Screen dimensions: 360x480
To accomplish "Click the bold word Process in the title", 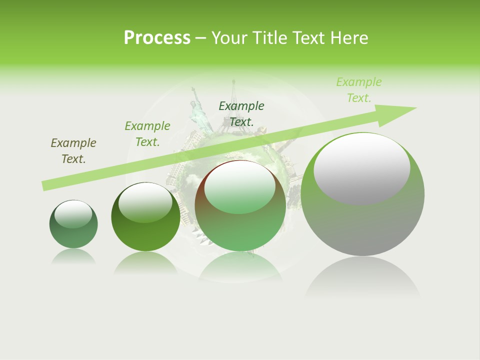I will pos(157,38).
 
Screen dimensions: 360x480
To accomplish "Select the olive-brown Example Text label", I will pos(73,151).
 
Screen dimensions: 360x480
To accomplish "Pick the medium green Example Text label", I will pos(147,134).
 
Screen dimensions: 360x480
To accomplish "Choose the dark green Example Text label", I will pos(241,113).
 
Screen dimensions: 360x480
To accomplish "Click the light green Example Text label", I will pos(359,90).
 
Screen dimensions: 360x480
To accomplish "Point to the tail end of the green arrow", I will pos(46,185).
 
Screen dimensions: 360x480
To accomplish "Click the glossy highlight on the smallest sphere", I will pos(73,213).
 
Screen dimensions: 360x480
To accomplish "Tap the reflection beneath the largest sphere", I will pos(362,277).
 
